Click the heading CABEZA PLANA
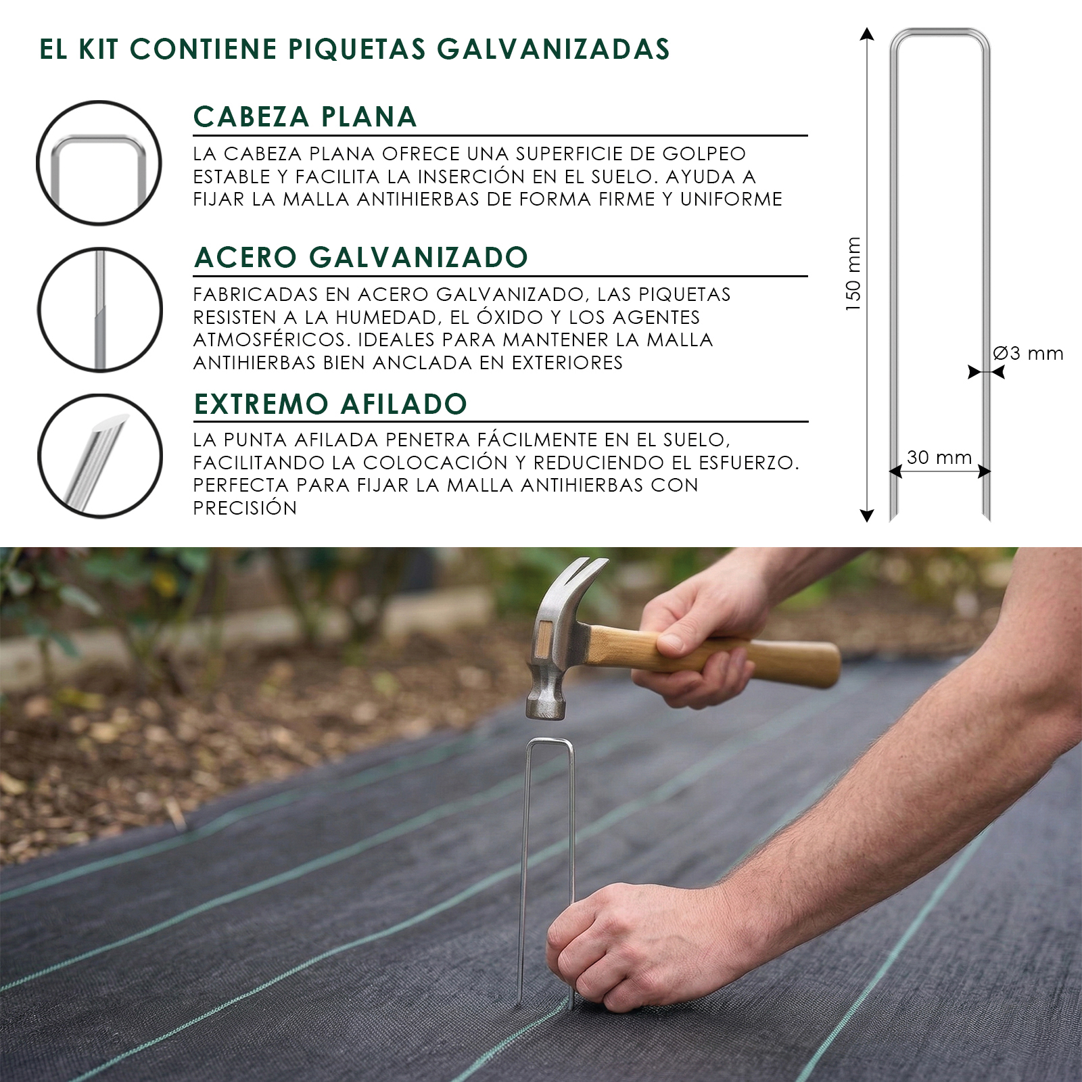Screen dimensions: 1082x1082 point(305,117)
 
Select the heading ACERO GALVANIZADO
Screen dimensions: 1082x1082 point(361,258)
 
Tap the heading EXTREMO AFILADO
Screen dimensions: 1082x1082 point(331,404)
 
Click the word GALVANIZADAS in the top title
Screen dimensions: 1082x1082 point(553,49)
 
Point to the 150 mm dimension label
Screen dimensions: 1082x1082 point(853,274)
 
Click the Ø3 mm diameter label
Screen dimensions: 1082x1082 point(1028,354)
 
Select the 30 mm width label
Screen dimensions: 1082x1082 point(939,458)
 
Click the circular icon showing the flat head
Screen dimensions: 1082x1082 point(99,163)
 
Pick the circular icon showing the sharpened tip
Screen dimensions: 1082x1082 point(99,456)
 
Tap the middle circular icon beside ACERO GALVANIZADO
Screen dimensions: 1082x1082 point(99,310)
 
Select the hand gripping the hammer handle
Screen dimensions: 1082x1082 point(697,642)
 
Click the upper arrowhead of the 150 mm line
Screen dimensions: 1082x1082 point(867,33)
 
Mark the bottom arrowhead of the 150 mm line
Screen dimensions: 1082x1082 point(867,515)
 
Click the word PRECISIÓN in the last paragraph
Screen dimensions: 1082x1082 point(245,508)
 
